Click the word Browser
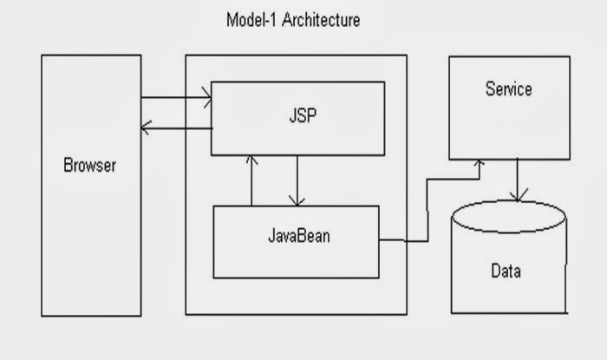tap(89, 165)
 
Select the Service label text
tap(508, 89)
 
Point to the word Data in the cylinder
tap(506, 272)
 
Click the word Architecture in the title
tap(316, 19)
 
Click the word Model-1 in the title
tap(248, 19)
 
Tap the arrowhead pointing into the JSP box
tap(207, 98)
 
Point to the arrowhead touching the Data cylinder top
tap(518, 198)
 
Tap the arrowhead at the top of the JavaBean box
tap(297, 200)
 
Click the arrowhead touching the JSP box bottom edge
tap(251, 160)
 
